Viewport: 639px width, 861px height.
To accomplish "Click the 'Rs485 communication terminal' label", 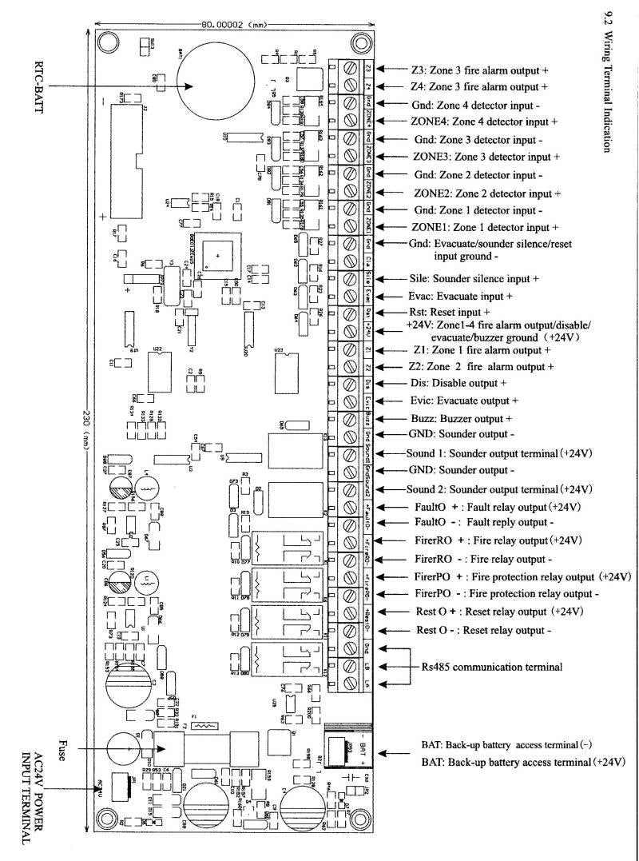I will click(491, 666).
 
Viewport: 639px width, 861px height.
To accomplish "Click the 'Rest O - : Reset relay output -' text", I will click(483, 630).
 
